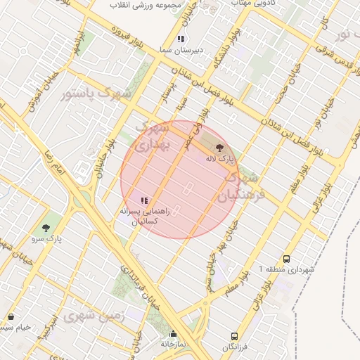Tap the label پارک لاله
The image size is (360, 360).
[x=219, y=160]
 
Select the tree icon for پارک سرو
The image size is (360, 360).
[x=46, y=228]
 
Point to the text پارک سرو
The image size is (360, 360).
[x=46, y=239]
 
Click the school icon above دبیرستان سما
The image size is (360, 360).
[x=181, y=39]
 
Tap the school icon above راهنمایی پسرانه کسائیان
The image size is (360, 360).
[x=144, y=200]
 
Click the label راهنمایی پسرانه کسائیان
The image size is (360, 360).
[x=143, y=215]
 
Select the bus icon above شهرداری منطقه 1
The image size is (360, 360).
[x=286, y=259]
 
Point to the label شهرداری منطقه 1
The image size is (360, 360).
[x=287, y=269]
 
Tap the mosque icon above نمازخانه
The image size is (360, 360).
[x=174, y=334]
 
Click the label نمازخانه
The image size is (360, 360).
[x=173, y=345]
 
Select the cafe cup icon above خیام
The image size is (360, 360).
[x=11, y=318]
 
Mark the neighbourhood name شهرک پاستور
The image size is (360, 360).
[x=96, y=94]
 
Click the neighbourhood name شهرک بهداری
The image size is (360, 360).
[x=152, y=138]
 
